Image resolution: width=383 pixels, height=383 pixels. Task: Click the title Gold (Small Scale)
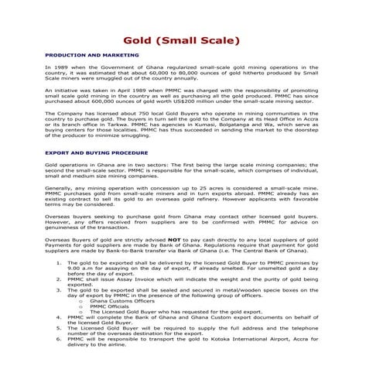(191, 40)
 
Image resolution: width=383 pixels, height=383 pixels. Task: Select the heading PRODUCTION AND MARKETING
(92, 56)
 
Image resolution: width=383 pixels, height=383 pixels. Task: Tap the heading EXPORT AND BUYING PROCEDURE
(97, 152)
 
